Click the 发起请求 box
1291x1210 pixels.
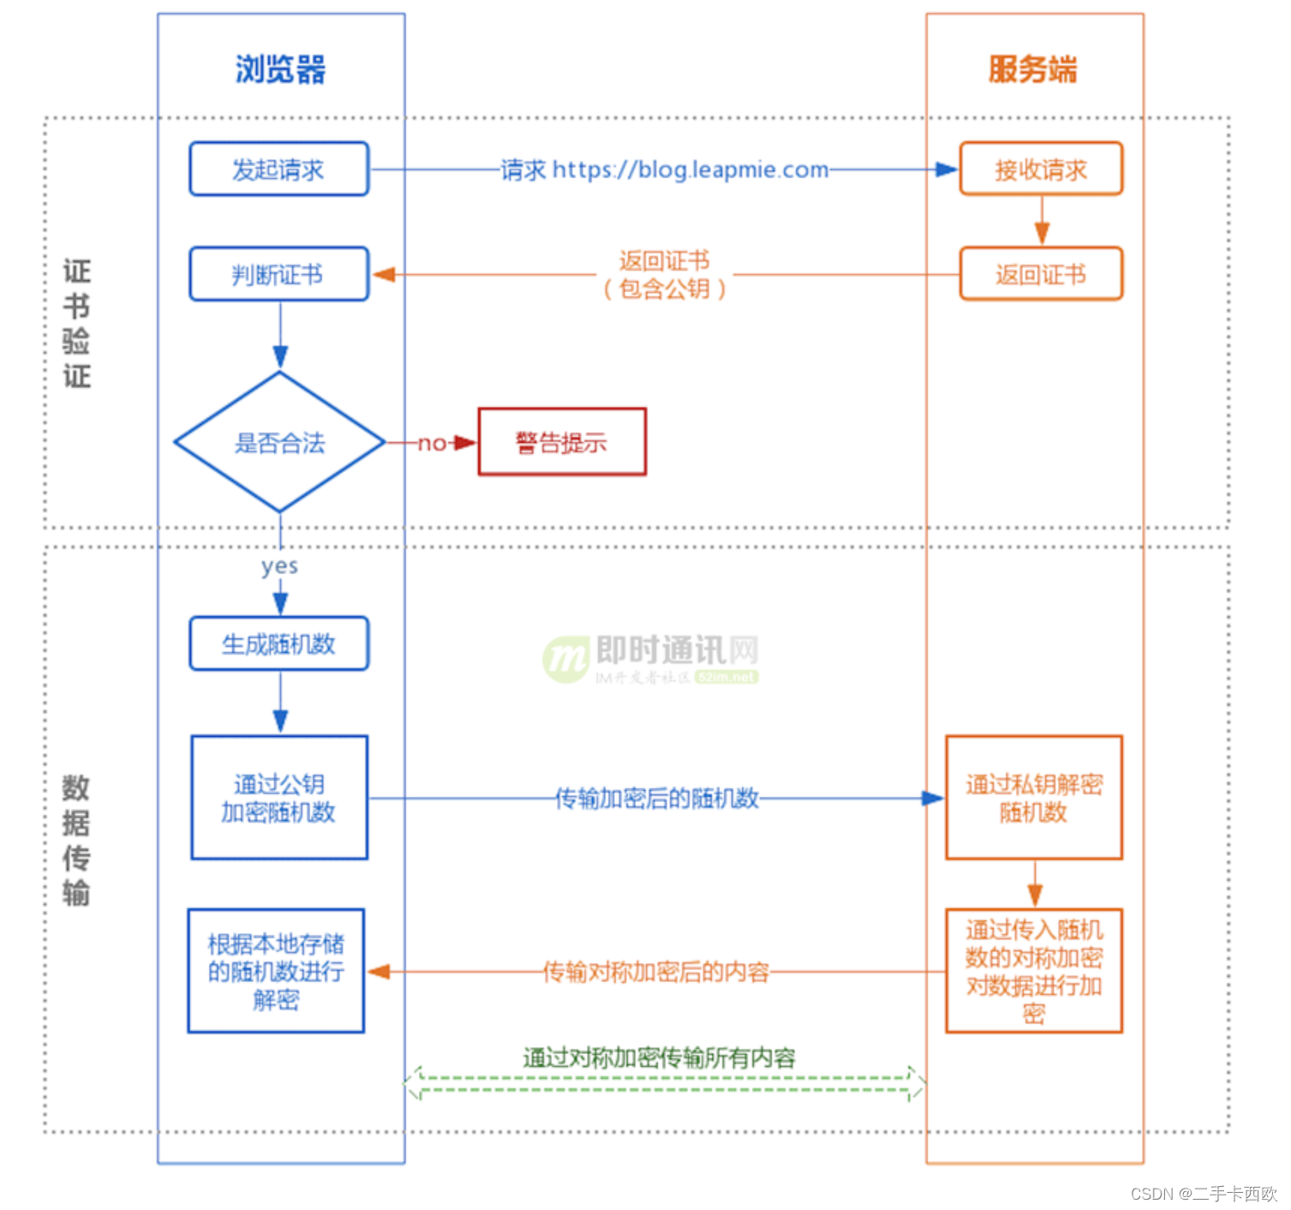click(x=279, y=170)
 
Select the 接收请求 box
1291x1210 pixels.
click(x=1041, y=170)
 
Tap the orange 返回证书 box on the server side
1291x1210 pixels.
click(x=1041, y=274)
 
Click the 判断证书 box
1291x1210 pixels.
click(x=279, y=274)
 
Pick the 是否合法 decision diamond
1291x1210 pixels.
click(x=279, y=443)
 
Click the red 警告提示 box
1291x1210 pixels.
click(x=561, y=442)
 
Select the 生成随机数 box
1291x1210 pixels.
click(x=279, y=644)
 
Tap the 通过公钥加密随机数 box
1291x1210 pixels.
click(x=279, y=798)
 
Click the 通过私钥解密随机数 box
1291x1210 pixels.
click(x=1034, y=798)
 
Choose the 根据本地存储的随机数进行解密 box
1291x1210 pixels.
click(x=276, y=971)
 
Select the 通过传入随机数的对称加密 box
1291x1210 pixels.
click(x=1034, y=971)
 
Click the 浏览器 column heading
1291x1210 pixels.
click(x=280, y=69)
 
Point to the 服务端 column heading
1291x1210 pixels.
click(x=1033, y=69)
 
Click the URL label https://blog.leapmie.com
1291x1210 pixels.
click(x=690, y=170)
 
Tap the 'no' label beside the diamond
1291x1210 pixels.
click(x=431, y=443)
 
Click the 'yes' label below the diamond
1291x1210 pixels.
click(x=279, y=566)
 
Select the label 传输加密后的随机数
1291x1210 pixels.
click(x=657, y=799)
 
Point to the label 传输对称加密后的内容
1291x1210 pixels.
click(x=657, y=972)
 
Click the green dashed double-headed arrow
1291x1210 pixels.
click(x=665, y=1084)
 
